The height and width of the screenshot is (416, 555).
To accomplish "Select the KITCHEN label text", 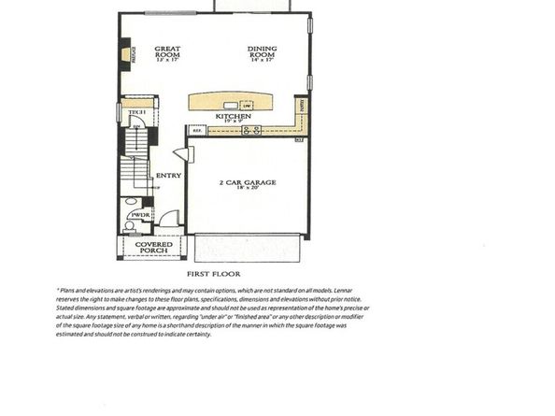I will click(x=233, y=116).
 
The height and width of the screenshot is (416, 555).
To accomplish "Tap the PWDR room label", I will click(x=140, y=214).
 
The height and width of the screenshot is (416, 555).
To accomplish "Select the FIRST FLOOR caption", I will click(x=214, y=273).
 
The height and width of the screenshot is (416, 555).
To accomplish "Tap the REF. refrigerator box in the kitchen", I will click(x=198, y=131).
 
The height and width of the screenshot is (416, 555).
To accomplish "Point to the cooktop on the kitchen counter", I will click(x=250, y=131).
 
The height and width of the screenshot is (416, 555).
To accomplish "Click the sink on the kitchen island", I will click(x=248, y=103).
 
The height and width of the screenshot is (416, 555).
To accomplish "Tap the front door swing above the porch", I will click(x=167, y=220).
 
